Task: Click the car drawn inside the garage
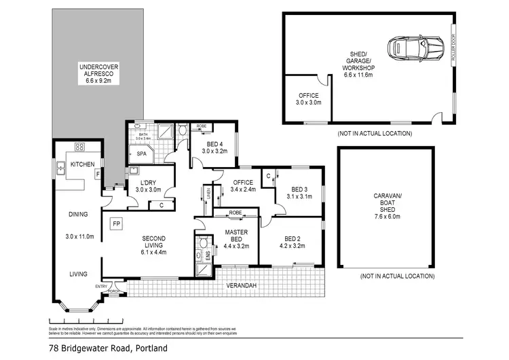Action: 409,48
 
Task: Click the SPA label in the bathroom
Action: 142,154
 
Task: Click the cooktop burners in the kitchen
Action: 79,147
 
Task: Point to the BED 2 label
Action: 293,238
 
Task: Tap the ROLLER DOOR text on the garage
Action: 454,49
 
